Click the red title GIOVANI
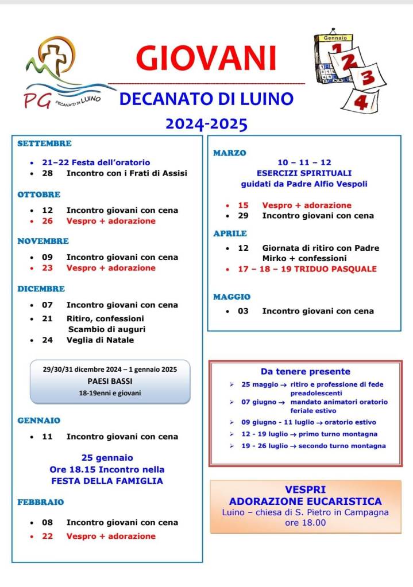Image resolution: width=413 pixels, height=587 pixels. (206, 59)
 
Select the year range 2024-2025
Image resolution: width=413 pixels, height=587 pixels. (206, 123)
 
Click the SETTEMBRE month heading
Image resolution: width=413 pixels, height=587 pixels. (44, 143)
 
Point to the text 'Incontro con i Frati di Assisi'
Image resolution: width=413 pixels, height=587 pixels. (126, 173)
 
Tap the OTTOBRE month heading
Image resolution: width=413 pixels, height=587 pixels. (39, 195)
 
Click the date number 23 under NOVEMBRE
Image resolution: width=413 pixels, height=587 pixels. (47, 268)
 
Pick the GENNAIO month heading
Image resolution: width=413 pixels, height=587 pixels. (38, 421)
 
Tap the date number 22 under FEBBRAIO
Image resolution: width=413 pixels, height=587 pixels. (47, 536)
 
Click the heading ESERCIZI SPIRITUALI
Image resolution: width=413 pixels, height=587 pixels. (304, 173)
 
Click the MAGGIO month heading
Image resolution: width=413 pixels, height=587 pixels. (231, 297)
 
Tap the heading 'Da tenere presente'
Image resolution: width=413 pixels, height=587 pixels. (305, 371)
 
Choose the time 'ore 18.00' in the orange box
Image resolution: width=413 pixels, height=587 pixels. (305, 523)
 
